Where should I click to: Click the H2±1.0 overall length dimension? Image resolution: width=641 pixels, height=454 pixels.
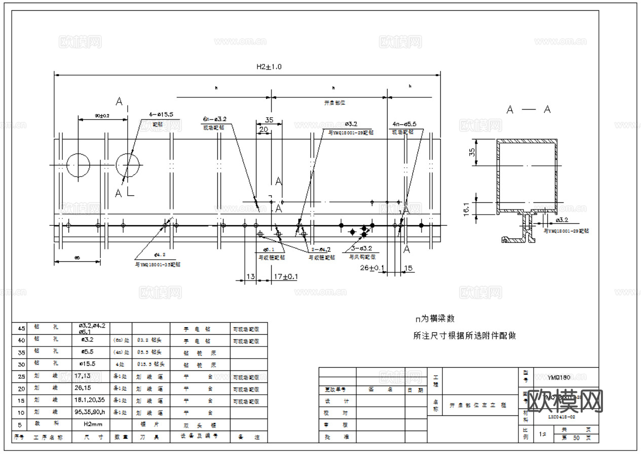[269, 66]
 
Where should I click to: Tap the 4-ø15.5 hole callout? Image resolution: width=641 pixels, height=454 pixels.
[161, 115]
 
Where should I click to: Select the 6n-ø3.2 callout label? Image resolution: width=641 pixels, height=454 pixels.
[214, 119]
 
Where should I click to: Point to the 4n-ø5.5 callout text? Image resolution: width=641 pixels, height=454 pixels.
[404, 124]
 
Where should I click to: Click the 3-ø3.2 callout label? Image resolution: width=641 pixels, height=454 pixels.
[361, 249]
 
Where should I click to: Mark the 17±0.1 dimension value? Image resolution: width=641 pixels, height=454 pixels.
[285, 277]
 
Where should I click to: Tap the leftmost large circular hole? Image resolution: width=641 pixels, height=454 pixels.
[78, 165]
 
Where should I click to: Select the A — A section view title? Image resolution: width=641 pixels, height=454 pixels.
[529, 109]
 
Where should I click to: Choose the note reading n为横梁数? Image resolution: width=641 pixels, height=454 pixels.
[435, 319]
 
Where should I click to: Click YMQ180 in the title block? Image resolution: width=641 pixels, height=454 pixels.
[559, 377]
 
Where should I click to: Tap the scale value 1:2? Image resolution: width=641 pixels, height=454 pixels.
[543, 434]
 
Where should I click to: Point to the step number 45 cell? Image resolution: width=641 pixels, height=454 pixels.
[21, 328]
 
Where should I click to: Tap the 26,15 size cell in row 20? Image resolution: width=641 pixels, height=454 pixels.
[83, 389]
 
